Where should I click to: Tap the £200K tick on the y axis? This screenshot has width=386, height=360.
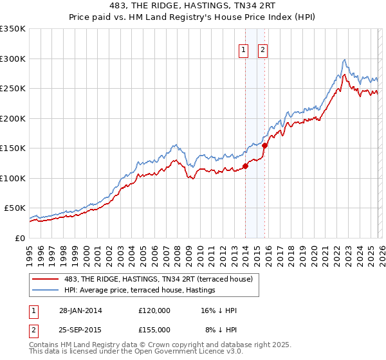click(x=13, y=118)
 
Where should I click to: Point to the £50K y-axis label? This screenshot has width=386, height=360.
click(x=15, y=208)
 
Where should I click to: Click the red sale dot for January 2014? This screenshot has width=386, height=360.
click(x=245, y=166)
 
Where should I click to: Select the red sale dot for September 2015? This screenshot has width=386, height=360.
click(x=264, y=146)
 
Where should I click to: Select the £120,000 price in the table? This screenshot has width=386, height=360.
click(x=154, y=310)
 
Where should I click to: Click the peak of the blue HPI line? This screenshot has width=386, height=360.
click(x=345, y=60)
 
